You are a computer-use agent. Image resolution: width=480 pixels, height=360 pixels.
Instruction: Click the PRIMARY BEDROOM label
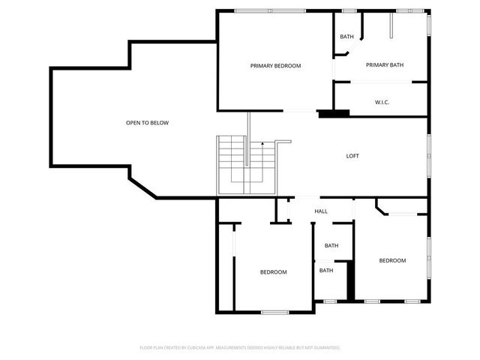pyautogui.click(x=275, y=66)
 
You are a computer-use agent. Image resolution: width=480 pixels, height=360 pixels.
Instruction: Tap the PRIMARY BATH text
pyautogui.click(x=385, y=65)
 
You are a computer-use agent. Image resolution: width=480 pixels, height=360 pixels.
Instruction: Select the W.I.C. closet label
pyautogui.click(x=382, y=102)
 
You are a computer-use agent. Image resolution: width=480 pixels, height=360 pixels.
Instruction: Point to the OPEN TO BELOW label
pyautogui.click(x=147, y=122)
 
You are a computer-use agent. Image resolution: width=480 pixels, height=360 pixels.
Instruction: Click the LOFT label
pyautogui.click(x=352, y=156)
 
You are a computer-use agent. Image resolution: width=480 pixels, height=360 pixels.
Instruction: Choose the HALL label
pyautogui.click(x=321, y=211)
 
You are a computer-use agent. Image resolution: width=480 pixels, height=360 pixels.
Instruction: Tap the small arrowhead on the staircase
pyautogui.click(x=262, y=142)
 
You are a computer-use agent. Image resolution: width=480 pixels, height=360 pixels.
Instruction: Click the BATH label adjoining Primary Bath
pyautogui.click(x=346, y=37)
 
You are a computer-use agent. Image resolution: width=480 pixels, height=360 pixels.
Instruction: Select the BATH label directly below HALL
pyautogui.click(x=331, y=246)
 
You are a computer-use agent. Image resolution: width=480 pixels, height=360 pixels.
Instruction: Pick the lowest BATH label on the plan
pyautogui.click(x=326, y=270)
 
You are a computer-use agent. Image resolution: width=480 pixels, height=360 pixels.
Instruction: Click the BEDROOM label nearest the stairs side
pyautogui.click(x=273, y=272)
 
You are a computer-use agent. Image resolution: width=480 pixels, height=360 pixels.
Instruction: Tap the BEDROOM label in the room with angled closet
pyautogui.click(x=392, y=260)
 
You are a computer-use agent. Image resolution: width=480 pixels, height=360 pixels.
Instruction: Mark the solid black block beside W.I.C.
pyautogui.click(x=334, y=114)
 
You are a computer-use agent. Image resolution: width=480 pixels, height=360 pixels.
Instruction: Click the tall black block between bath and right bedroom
pyautogui.click(x=349, y=280)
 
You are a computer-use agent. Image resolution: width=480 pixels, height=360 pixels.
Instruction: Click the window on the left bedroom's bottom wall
pyautogui.click(x=275, y=311)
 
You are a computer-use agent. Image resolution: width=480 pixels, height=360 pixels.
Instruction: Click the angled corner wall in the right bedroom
pyautogui.click(x=381, y=207)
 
